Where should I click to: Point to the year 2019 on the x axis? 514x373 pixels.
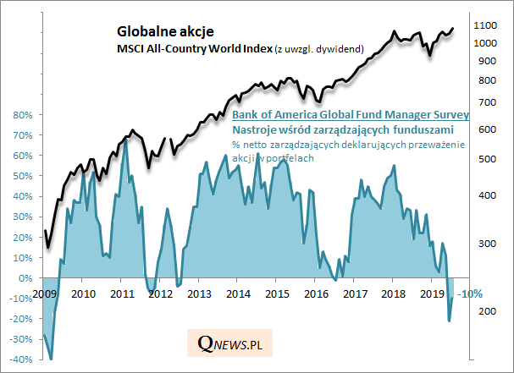point(432,293)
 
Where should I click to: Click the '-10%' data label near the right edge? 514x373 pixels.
point(470,293)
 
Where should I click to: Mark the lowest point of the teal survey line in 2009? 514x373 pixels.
point(51,359)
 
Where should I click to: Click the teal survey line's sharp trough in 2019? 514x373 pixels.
point(449,321)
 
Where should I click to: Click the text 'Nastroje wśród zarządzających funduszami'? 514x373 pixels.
point(342,129)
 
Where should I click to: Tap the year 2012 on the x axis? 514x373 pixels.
point(159,293)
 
